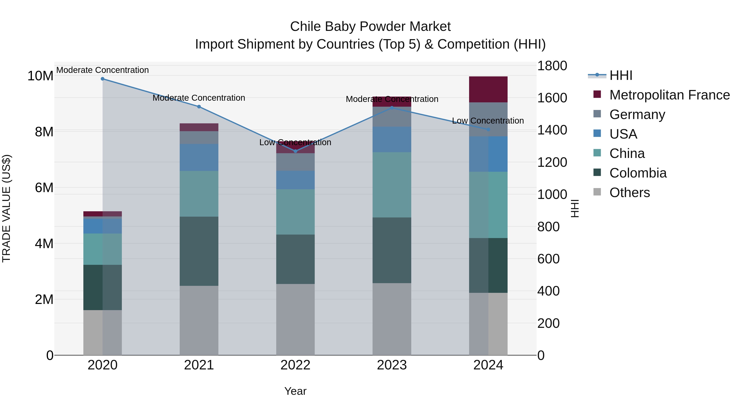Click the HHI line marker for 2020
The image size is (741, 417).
coord(103,79)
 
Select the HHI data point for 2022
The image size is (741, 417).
coord(295,151)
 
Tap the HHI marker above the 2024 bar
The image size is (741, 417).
coord(488,130)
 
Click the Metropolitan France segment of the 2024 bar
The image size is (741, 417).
coord(488,90)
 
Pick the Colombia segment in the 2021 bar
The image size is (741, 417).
coord(199,251)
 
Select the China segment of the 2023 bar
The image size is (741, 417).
coord(392,185)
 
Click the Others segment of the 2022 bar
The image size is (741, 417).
coord(295,319)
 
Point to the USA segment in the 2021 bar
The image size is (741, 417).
coord(199,157)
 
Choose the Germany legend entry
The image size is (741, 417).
coord(637,114)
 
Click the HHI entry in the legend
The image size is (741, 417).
coord(621,75)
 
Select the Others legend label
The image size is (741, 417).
coord(629,193)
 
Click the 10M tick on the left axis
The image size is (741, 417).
coord(40,76)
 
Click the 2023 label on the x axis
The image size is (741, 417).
coord(392,365)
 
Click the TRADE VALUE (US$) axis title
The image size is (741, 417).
coord(6,208)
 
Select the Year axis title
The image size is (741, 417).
coord(295,391)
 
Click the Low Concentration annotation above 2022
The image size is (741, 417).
coord(295,143)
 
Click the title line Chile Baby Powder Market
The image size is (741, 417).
coord(370,27)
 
